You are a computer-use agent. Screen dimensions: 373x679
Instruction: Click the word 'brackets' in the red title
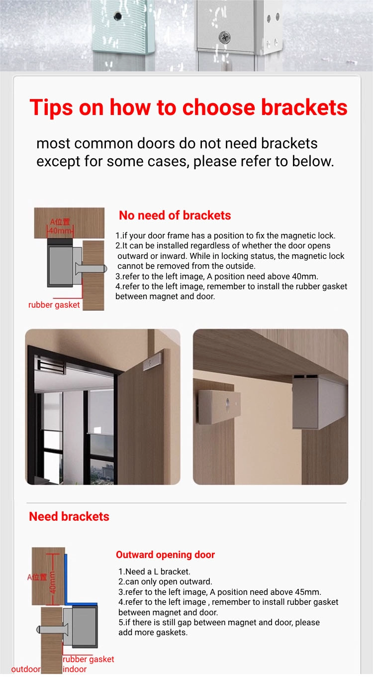tap(304, 108)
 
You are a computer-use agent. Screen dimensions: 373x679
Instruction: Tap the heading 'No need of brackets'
tap(175, 215)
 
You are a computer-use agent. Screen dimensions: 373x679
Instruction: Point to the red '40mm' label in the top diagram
tap(61, 230)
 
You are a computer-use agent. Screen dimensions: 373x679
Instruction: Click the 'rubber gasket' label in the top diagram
tap(54, 305)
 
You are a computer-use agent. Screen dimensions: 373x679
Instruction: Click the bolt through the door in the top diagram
tap(91, 268)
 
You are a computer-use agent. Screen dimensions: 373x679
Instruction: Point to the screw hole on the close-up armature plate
tap(228, 402)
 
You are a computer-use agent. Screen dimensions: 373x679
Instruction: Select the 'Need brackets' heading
tap(69, 517)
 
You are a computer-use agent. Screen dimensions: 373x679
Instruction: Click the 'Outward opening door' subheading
tap(165, 555)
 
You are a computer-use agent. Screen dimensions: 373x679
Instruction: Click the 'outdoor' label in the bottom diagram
tap(26, 669)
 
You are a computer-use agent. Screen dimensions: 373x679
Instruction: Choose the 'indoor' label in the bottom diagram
tap(75, 669)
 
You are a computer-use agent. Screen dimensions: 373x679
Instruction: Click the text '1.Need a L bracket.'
tap(154, 571)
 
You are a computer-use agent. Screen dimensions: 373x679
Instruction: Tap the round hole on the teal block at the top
tap(117, 16)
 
